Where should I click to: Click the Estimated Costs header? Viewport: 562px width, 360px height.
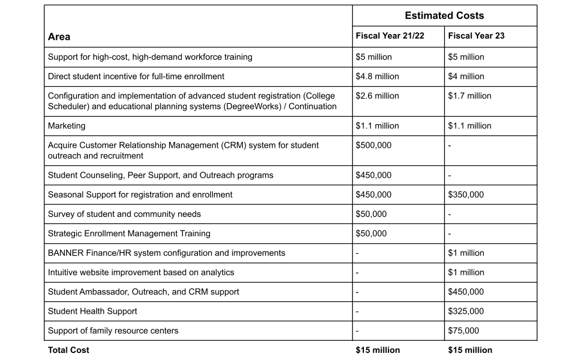pos(444,16)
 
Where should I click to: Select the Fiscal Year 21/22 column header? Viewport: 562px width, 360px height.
pos(390,36)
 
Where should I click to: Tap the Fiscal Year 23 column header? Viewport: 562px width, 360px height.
pos(476,36)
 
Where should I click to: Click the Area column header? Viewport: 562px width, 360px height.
pos(59,36)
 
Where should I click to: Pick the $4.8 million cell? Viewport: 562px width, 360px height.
pos(377,76)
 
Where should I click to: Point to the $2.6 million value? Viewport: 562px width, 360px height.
pos(377,96)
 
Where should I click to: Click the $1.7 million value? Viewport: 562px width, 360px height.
pos(469,96)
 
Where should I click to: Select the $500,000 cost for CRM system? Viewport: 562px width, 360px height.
pos(373,145)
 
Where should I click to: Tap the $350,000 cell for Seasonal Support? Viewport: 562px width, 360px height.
pos(466,195)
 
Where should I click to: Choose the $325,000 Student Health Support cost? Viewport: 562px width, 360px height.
pos(466,311)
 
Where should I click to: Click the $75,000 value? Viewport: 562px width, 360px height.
pos(464,331)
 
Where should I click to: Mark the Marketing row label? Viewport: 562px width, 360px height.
pos(66,125)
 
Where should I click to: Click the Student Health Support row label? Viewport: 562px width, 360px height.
pos(93,311)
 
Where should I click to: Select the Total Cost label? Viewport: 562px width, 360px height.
pos(69,350)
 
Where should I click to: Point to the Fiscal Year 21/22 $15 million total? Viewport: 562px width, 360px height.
pos(377,350)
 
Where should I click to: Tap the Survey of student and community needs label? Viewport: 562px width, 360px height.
pos(124,214)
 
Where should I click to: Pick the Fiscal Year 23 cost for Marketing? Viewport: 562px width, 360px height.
pos(469,125)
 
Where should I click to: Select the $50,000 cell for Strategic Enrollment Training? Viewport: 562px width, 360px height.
pos(371,233)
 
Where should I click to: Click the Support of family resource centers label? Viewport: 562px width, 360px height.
pos(113,331)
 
